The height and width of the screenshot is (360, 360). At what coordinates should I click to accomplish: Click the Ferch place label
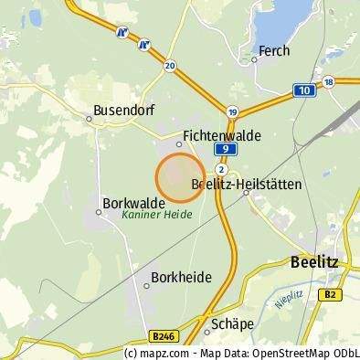point(273,51)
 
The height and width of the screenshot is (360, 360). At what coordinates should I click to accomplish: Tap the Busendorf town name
point(118,111)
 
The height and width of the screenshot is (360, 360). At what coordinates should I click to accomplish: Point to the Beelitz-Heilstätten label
point(246,184)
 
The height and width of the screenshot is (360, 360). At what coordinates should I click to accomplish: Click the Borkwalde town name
point(134,203)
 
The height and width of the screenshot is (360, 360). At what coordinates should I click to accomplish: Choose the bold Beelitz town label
point(313,261)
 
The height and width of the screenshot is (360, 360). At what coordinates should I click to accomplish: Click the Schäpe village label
point(231,323)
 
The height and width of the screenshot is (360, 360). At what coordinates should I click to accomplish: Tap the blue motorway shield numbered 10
point(303,90)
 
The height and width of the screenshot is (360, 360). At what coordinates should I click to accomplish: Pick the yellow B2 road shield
point(332,294)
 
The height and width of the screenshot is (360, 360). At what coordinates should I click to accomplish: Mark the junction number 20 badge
point(170,66)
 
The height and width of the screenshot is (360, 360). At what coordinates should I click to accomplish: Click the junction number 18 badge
point(329,82)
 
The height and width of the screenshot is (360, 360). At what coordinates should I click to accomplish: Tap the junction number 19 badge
point(233,111)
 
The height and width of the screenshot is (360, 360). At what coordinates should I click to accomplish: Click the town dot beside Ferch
point(254,59)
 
